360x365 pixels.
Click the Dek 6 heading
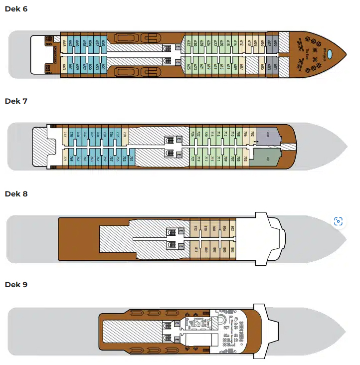pos(16,9)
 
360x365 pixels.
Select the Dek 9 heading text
pos(16,285)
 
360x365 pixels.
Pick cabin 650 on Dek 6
pos(104,43)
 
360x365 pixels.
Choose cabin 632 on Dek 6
pos(189,43)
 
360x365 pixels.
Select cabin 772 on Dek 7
pos(65,134)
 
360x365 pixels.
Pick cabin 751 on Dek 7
pos(131,159)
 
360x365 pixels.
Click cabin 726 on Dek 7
pos(192,134)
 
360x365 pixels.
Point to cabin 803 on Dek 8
pos(232,249)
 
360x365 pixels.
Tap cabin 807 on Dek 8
pos(214,249)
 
